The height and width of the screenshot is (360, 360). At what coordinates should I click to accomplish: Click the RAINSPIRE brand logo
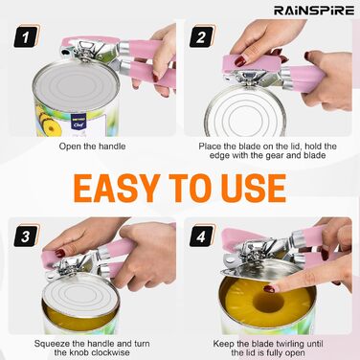(x=314, y=11)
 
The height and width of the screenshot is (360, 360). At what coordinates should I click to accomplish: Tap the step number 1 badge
(x=26, y=37)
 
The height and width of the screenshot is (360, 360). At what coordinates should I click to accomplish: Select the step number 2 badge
(x=202, y=37)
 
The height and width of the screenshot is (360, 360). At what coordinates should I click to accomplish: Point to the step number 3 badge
(x=26, y=236)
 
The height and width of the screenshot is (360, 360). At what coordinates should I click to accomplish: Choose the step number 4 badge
(x=202, y=236)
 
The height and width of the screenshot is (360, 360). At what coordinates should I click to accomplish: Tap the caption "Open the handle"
(x=92, y=146)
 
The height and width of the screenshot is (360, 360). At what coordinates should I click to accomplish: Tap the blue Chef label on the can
(x=79, y=123)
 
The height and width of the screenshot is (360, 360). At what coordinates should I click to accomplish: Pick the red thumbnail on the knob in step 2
(x=240, y=61)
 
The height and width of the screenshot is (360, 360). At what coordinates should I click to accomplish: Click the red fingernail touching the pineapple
(x=269, y=289)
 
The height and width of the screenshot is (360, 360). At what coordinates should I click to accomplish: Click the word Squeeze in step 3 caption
(x=51, y=344)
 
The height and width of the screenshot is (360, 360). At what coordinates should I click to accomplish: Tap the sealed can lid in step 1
(x=76, y=86)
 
